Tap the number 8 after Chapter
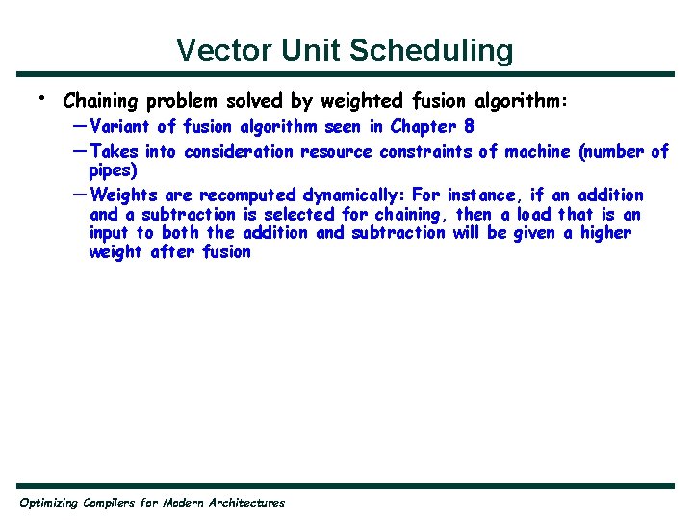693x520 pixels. tap(469, 127)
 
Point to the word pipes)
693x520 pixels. tap(114, 171)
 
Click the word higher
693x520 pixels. tap(605, 233)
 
